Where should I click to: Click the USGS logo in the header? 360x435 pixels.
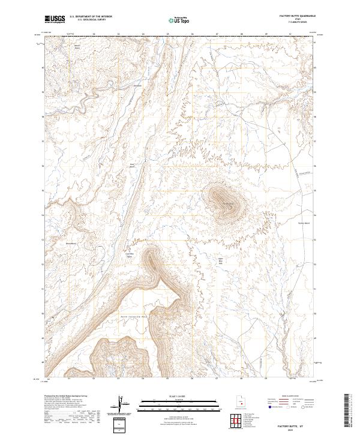pos(55,19)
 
